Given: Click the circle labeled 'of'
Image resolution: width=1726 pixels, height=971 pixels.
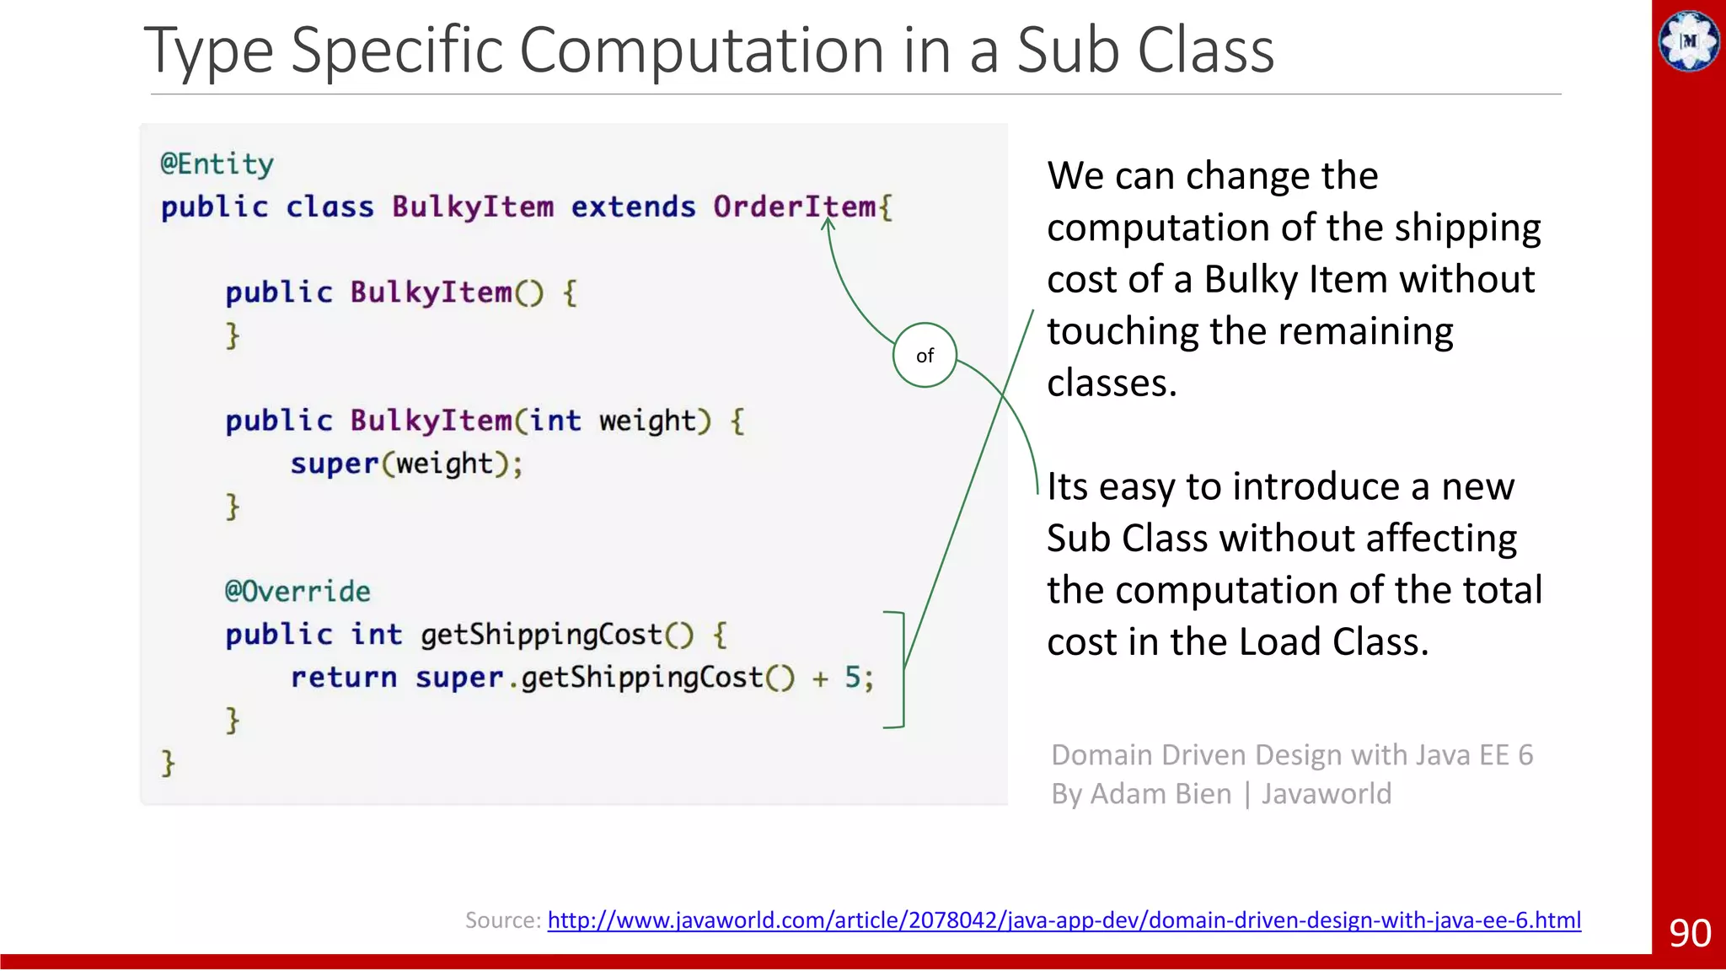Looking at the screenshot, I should tap(925, 355).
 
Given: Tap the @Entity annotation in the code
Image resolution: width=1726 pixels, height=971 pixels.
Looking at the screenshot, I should tap(217, 164).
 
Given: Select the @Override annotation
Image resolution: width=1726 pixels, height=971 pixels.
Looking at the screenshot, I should tap(297, 591).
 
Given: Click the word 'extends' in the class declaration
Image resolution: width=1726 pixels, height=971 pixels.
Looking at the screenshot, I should tap(633, 207).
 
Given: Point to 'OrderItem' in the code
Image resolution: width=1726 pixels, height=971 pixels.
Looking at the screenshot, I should tap(794, 207).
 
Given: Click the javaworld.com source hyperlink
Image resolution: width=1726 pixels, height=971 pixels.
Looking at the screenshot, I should tap(1064, 920).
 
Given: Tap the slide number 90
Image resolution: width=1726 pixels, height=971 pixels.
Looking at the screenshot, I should tap(1690, 933).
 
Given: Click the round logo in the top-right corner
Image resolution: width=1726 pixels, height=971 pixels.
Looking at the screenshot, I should tap(1688, 40).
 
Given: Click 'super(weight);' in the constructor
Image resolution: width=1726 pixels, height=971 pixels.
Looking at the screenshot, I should tap(406, 464).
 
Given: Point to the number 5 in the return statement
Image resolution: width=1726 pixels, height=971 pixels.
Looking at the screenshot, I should tap(853, 677).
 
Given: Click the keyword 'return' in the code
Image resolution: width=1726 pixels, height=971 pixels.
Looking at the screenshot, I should tap(344, 677).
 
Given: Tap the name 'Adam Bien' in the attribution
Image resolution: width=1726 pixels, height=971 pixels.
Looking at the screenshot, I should tap(1161, 794).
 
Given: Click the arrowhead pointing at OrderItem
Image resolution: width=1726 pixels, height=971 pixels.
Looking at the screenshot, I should tap(828, 224).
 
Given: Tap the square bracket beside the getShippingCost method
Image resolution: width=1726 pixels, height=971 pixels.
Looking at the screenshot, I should tap(900, 669).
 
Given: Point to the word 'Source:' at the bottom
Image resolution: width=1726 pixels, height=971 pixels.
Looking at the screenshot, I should tap(502, 920).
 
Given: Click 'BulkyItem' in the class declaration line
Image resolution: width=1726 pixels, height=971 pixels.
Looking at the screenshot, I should tap(473, 207).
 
